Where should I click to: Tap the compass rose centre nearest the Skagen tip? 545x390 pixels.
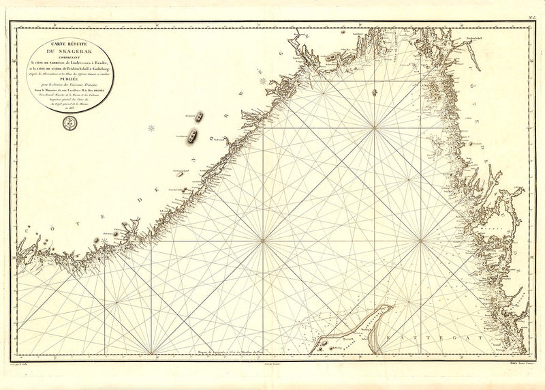420,241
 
